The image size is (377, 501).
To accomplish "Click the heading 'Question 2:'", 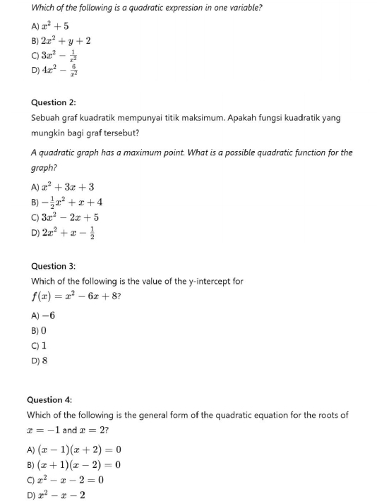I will point(53,102).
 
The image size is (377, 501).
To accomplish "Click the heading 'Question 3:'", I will point(53,266).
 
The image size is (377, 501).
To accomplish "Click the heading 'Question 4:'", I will point(49,399).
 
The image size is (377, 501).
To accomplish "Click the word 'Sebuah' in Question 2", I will point(46,119).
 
